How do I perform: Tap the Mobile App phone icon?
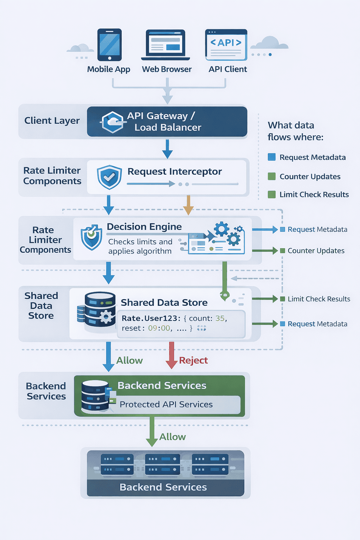(x=110, y=45)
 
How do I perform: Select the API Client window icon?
(x=226, y=45)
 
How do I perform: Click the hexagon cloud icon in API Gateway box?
(x=112, y=122)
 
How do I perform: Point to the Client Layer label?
(x=52, y=121)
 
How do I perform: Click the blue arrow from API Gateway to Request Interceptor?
(x=167, y=149)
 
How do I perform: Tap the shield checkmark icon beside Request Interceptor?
(x=109, y=177)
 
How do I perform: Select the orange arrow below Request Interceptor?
(x=188, y=205)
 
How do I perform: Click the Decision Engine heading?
(x=144, y=227)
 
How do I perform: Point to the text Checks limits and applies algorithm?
(x=140, y=246)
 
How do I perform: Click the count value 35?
(x=220, y=318)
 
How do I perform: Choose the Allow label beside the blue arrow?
(x=129, y=360)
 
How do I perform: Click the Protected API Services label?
(x=166, y=404)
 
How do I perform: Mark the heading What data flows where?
(x=295, y=131)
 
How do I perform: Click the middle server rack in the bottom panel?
(x=162, y=464)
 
